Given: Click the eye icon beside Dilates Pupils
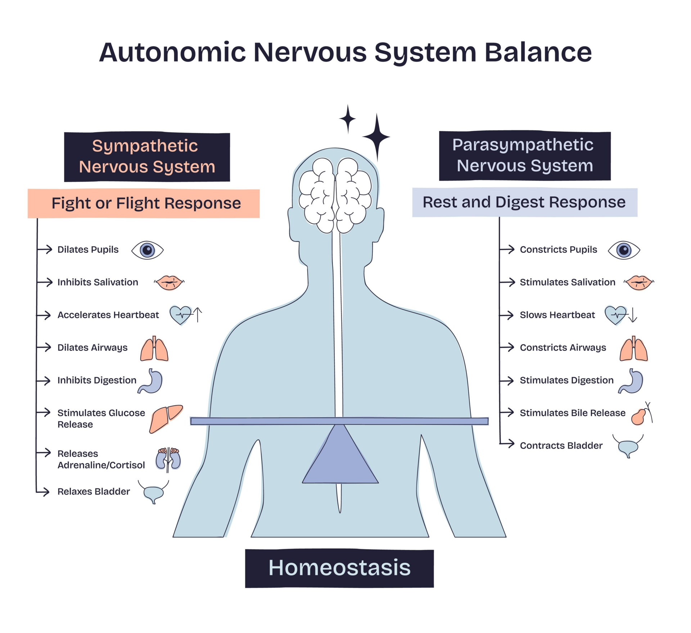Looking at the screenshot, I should pyautogui.click(x=147, y=250).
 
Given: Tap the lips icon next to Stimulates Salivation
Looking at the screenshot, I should pyautogui.click(x=639, y=283).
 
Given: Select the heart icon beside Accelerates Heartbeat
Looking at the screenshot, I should pyautogui.click(x=181, y=315).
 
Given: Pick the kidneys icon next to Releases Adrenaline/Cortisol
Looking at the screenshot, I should pyautogui.click(x=168, y=459).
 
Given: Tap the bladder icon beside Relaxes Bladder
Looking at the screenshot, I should pyautogui.click(x=154, y=492).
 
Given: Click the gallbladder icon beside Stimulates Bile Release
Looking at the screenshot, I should pyautogui.click(x=639, y=416).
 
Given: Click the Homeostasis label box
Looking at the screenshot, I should pyautogui.click(x=339, y=568).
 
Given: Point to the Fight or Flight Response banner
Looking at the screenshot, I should pyautogui.click(x=144, y=203).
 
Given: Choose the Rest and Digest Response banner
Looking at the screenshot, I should pyautogui.click(x=524, y=202).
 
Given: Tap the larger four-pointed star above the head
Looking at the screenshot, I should pyautogui.click(x=376, y=137).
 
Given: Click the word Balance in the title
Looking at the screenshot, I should pyautogui.click(x=538, y=53).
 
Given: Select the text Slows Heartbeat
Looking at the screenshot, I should pyautogui.click(x=557, y=315).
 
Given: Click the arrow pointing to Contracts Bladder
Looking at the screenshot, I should pyautogui.click(x=507, y=444).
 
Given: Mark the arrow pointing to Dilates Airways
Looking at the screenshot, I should pyautogui.click(x=45, y=347).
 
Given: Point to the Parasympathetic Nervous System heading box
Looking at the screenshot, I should pyautogui.click(x=525, y=155).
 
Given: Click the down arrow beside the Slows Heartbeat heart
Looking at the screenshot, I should pyautogui.click(x=633, y=315).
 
